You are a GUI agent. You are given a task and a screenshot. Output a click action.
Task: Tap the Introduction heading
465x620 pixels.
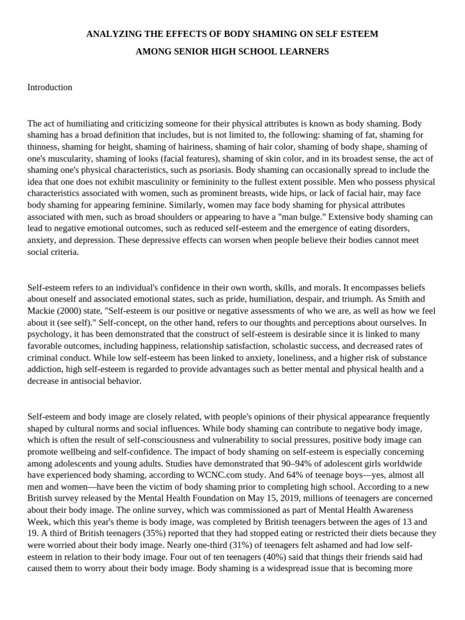pos(50,87)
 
